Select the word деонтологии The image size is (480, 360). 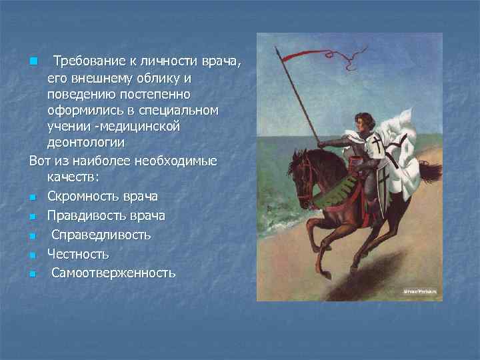[x=86, y=142]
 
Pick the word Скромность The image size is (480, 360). [x=84, y=197]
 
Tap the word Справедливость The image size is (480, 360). [x=101, y=235]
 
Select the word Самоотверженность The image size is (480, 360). [x=113, y=273]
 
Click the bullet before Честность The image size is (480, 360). [x=32, y=255]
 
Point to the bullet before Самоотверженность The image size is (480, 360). [x=32, y=273]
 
